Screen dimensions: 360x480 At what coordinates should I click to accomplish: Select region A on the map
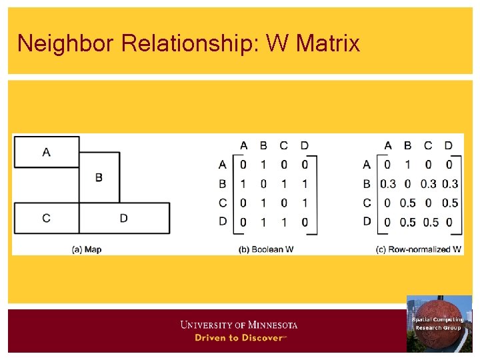[x=46, y=152]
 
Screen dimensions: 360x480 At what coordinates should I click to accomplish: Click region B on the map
[x=99, y=177]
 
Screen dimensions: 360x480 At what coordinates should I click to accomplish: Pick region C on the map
[x=46, y=218]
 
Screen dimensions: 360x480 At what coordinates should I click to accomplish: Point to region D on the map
[x=124, y=218]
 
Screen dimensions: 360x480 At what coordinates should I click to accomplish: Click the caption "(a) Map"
[x=87, y=249]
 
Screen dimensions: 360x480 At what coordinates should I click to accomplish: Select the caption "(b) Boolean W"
[x=266, y=249]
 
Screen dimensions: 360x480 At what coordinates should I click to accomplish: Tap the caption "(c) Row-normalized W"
[x=419, y=249]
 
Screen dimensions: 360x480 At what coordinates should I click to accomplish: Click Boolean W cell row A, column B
[x=263, y=164]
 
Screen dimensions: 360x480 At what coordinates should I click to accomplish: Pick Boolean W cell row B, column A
[x=243, y=183]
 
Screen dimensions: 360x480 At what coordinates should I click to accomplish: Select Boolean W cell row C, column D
[x=305, y=203]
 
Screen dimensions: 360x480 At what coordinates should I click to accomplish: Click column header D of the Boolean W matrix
[x=305, y=145]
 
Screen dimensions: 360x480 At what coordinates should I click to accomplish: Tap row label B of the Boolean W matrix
[x=223, y=183]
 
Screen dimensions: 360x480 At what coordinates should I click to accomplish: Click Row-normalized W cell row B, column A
[x=387, y=184]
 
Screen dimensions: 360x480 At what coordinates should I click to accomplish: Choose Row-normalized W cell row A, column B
[x=407, y=165]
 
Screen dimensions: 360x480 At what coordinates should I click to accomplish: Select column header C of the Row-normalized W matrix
[x=428, y=145]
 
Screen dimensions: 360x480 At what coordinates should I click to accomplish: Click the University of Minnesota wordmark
[x=239, y=325]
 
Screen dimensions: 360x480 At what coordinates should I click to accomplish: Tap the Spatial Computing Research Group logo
[x=439, y=323]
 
